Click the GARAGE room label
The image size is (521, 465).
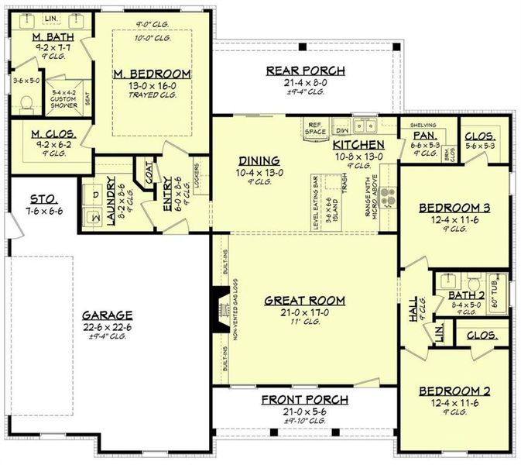(x=108, y=315)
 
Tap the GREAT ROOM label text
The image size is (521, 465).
(x=304, y=301)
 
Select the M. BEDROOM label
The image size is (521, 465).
(x=152, y=74)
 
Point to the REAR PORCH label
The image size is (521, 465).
(x=305, y=71)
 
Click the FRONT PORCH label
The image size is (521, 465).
(x=304, y=400)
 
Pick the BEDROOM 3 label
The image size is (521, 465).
(x=453, y=208)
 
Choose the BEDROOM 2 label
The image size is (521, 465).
(x=453, y=391)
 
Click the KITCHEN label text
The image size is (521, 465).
(x=358, y=145)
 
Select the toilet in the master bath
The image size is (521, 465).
(x=25, y=101)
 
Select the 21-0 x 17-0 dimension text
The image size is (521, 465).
(x=304, y=312)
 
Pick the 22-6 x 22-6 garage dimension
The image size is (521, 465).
(x=108, y=326)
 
